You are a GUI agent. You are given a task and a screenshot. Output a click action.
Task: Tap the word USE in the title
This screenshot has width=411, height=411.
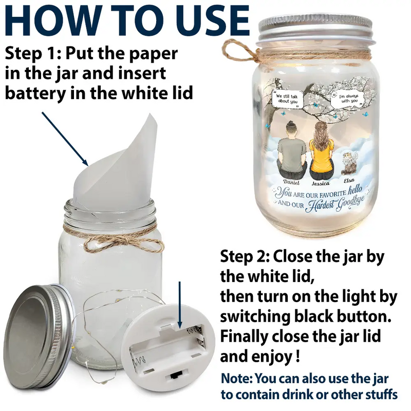(212, 21)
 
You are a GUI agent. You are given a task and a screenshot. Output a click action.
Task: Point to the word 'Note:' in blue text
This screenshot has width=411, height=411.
(237, 378)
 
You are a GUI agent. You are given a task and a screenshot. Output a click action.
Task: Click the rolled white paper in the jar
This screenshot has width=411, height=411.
(115, 162)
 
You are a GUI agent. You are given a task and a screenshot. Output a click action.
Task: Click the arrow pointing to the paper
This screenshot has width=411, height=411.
(65, 139)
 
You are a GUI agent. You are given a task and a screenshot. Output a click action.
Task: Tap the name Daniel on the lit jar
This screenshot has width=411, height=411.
(291, 182)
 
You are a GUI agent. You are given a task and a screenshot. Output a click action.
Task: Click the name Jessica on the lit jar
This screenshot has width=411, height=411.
(321, 183)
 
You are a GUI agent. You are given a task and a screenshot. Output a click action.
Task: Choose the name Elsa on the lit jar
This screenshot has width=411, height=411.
(349, 180)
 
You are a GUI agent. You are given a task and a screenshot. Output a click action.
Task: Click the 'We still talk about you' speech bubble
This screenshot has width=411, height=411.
(287, 99)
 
